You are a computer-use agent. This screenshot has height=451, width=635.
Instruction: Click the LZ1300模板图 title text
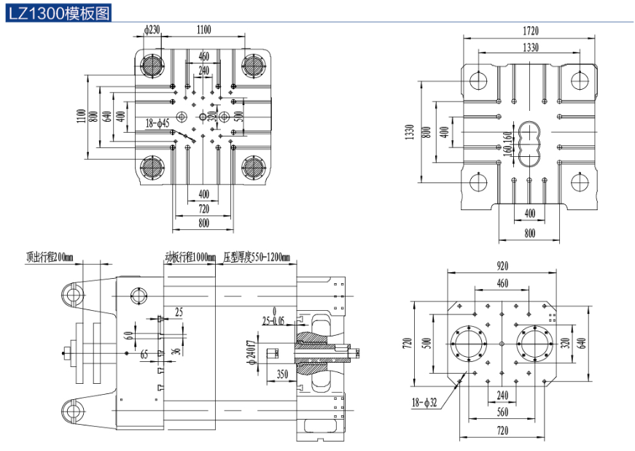[59, 12]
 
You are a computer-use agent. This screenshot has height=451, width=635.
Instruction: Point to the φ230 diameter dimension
[152, 30]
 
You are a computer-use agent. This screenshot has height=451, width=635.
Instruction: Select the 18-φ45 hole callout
[157, 124]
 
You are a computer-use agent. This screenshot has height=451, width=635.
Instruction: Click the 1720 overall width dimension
[530, 31]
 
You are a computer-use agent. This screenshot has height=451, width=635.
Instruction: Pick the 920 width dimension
[502, 266]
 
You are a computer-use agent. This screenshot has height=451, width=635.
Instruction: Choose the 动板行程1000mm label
[190, 257]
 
